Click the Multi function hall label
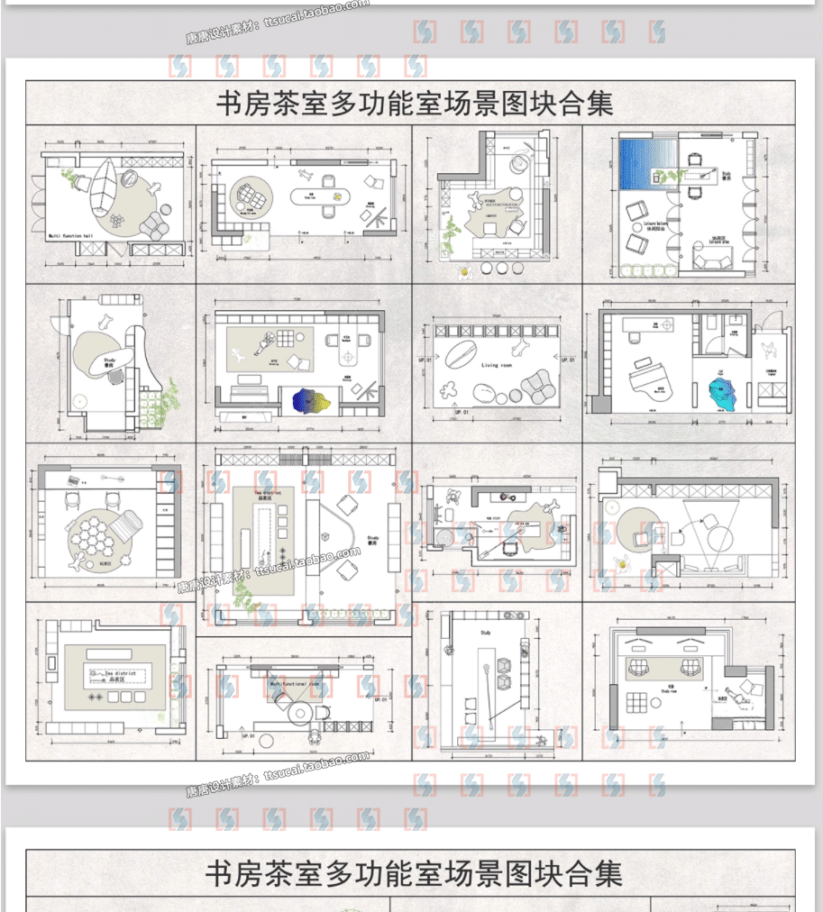70,235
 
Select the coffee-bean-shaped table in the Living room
458,354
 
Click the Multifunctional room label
295,684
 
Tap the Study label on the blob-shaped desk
110,360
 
